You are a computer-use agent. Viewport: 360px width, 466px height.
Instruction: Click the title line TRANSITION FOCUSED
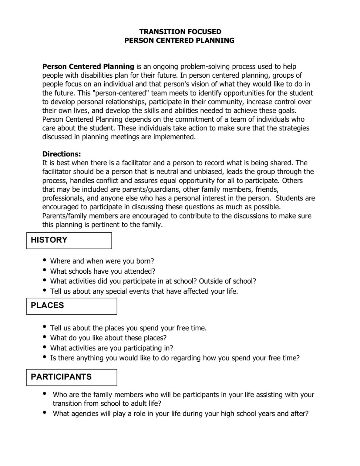[x=180, y=32]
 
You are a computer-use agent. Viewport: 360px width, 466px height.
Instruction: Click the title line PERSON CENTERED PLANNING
[x=179, y=40]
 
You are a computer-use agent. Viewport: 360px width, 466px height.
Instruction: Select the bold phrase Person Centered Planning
[x=88, y=66]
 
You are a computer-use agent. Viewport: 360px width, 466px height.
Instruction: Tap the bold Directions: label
[x=62, y=154]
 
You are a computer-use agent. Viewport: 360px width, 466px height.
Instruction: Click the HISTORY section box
[x=69, y=240]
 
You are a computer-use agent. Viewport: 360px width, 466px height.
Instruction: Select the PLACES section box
[x=71, y=306]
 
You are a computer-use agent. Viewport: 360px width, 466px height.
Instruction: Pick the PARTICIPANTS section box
[x=71, y=377]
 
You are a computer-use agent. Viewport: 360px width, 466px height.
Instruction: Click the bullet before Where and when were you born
[x=45, y=260]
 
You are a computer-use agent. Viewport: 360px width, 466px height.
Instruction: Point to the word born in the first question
[x=145, y=261]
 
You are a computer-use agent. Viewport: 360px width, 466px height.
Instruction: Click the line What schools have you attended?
[x=103, y=271]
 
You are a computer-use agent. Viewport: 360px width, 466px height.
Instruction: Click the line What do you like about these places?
[x=108, y=338]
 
